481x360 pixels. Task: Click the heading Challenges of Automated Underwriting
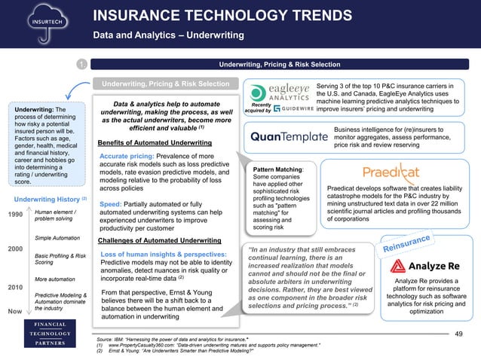(x=160, y=240)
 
